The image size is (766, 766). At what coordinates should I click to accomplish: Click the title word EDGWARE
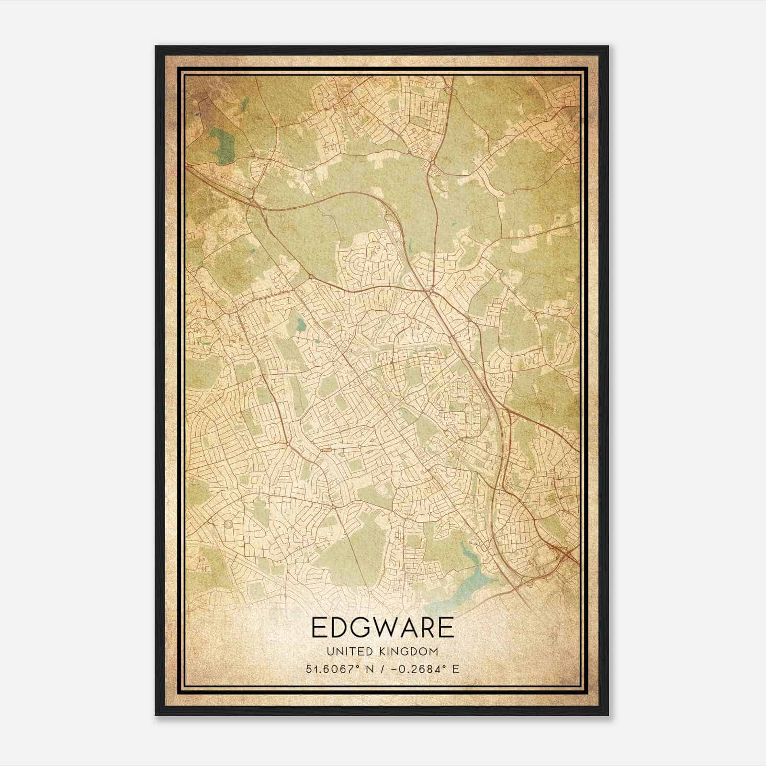[383, 628]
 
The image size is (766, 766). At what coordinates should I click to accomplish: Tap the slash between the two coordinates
[382, 669]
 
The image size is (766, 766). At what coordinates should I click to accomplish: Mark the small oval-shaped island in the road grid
[327, 450]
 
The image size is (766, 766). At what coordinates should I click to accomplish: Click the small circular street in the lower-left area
[228, 525]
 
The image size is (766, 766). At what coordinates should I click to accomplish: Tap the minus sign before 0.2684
[395, 669]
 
